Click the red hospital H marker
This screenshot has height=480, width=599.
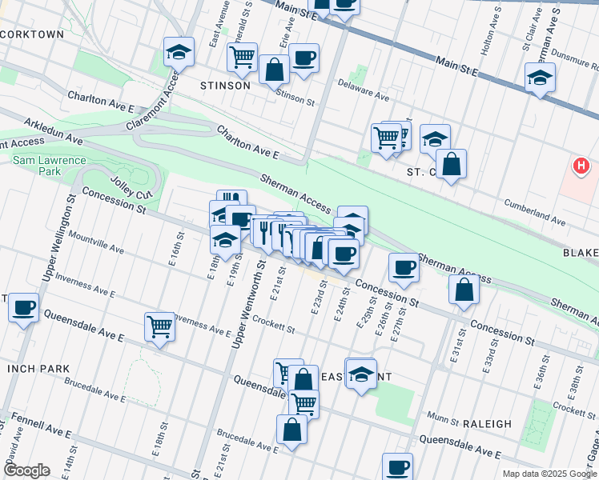(581, 166)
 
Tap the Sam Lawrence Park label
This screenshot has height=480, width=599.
(49, 166)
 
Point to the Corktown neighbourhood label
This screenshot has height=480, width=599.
(32, 34)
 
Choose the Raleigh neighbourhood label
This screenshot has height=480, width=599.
(486, 423)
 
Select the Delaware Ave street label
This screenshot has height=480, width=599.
(363, 90)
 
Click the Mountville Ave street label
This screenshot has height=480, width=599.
(96, 243)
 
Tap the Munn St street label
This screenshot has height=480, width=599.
(440, 417)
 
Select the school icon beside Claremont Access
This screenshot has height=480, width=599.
(179, 53)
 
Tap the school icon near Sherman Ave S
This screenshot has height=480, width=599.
(541, 78)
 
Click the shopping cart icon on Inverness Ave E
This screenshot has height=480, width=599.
(160, 326)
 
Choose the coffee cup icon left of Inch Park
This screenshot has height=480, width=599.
(24, 306)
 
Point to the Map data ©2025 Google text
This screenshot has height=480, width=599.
(549, 474)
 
